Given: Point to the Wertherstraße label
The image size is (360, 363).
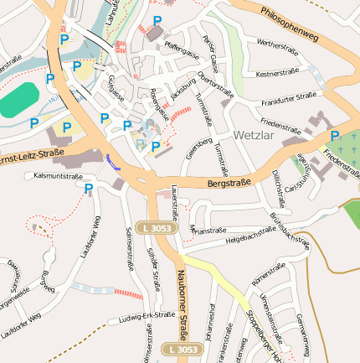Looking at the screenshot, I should pyautogui.click(x=277, y=44).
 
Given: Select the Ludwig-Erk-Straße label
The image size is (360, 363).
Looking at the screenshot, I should pyautogui.click(x=147, y=317).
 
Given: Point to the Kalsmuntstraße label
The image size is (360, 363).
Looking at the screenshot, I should pyautogui.click(x=58, y=177).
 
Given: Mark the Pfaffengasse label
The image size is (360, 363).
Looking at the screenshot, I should pyautogui.click(x=183, y=49).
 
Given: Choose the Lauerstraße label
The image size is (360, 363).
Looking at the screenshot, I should pyautogui.click(x=174, y=203).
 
